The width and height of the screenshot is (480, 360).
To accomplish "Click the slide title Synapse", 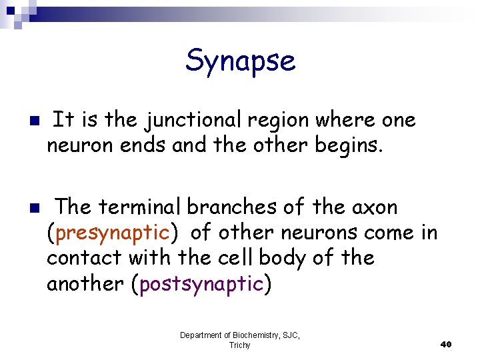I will (x=240, y=61).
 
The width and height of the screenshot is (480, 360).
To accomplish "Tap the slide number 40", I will (x=446, y=344).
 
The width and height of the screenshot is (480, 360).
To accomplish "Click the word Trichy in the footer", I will (x=239, y=345).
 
